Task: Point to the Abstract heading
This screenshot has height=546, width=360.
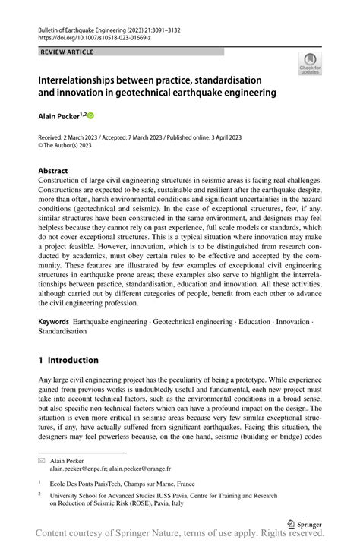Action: pyautogui.click(x=53, y=171)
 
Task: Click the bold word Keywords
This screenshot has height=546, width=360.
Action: pyautogui.click(x=54, y=322)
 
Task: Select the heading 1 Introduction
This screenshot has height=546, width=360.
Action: pyautogui.click(x=68, y=360)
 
